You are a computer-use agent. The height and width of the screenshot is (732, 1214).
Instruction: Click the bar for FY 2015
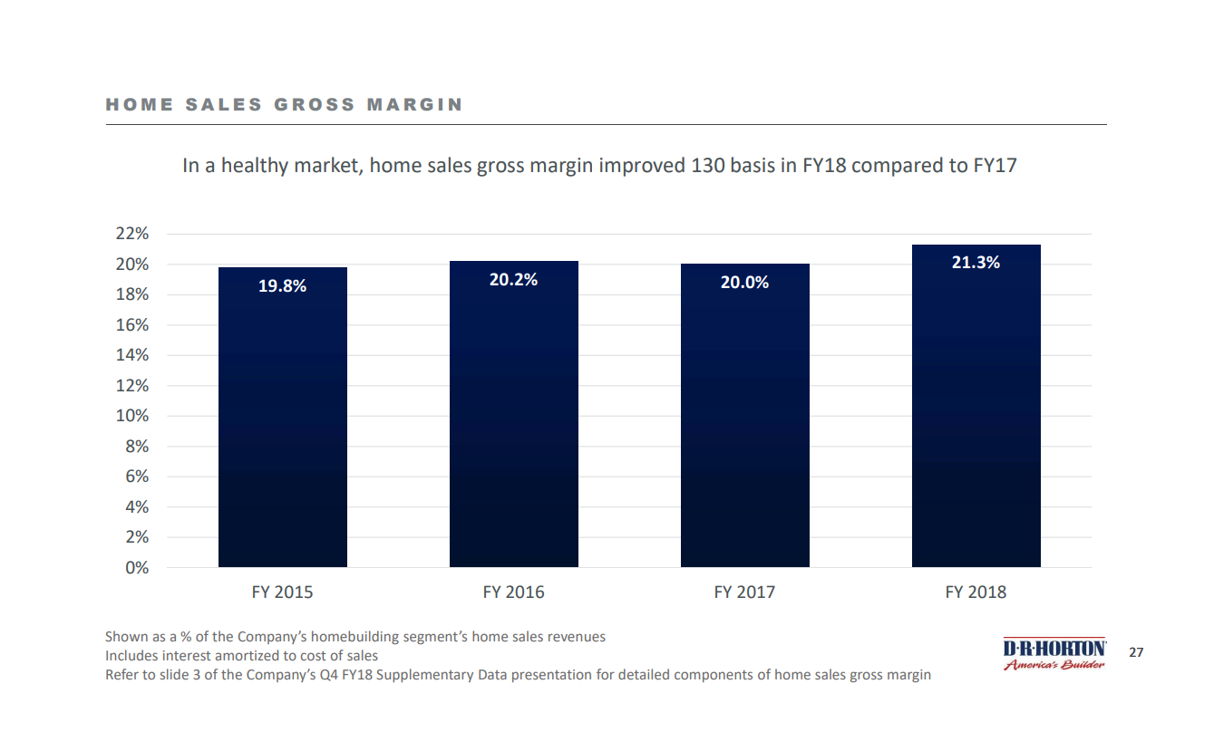pyautogui.click(x=283, y=417)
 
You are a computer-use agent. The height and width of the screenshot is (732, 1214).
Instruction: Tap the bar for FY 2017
pyautogui.click(x=745, y=416)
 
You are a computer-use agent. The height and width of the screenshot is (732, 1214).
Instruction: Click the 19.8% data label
pyautogui.click(x=283, y=286)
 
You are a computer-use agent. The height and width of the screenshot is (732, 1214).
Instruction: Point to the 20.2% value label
pyautogui.click(x=514, y=280)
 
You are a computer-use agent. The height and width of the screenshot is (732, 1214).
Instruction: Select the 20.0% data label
pyautogui.click(x=745, y=283)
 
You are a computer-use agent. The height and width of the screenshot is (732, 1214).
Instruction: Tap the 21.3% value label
pyautogui.click(x=976, y=263)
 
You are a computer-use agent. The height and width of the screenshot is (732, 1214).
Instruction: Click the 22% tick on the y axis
pyautogui.click(x=132, y=234)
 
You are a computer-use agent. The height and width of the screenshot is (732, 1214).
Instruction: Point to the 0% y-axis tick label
pyautogui.click(x=137, y=568)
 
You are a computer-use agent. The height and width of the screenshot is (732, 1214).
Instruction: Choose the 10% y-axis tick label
pyautogui.click(x=132, y=416)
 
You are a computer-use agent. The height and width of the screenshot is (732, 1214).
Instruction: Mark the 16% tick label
pyautogui.click(x=132, y=325)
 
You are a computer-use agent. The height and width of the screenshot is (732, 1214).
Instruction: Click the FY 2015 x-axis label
pyautogui.click(x=283, y=592)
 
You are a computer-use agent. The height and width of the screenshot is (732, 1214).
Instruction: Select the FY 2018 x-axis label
pyautogui.click(x=976, y=592)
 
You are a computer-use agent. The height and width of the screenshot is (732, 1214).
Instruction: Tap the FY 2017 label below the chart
pyautogui.click(x=745, y=592)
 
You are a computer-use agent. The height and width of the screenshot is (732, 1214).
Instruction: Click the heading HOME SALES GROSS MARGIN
pyautogui.click(x=285, y=105)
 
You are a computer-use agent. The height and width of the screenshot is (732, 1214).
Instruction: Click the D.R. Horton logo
pyautogui.click(x=1054, y=654)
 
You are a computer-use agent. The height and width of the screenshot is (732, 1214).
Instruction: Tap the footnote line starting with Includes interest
pyautogui.click(x=242, y=656)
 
